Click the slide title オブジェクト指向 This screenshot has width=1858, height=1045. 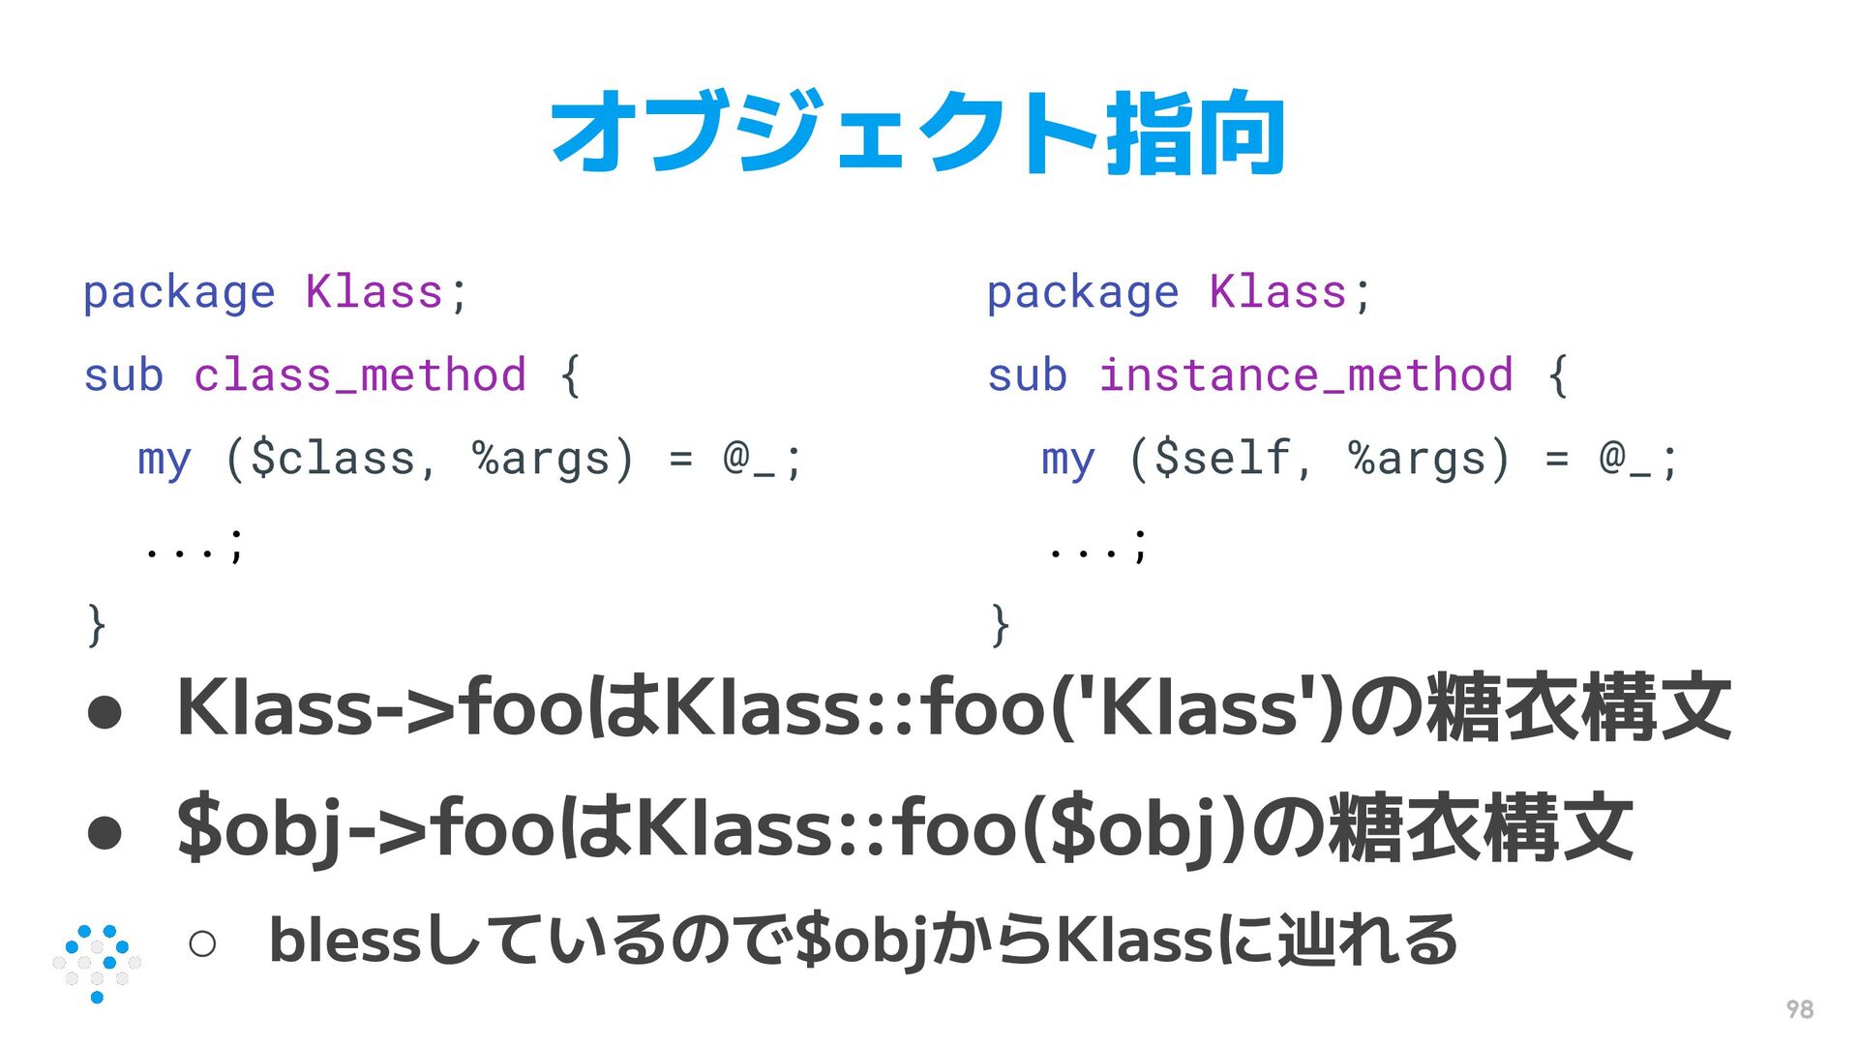[x=917, y=133]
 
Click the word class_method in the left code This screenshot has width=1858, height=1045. [x=360, y=375]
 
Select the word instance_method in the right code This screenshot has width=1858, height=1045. [x=1305, y=375]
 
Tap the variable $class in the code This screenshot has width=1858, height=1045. [x=333, y=459]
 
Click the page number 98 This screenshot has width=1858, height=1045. [x=1799, y=1009]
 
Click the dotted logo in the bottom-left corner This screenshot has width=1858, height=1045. [x=97, y=963]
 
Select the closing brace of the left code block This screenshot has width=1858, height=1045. [x=96, y=625]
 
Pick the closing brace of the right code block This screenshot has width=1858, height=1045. [x=1000, y=625]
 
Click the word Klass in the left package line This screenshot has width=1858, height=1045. [x=374, y=292]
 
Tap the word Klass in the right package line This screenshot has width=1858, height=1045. [x=1277, y=292]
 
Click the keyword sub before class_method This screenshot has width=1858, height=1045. [x=124, y=375]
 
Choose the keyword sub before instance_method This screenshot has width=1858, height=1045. [x=1028, y=375]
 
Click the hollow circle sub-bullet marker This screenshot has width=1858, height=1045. [x=202, y=942]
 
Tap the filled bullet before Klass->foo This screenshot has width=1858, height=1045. [x=105, y=713]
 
